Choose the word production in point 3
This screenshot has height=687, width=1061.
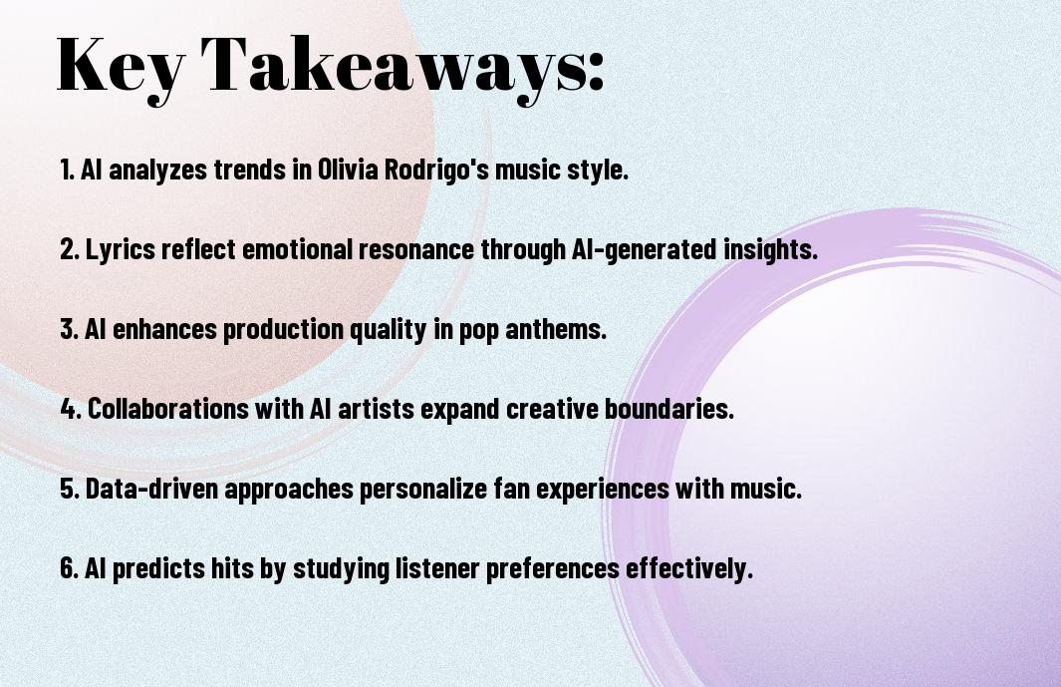[283, 330]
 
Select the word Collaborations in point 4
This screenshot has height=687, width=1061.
[168, 409]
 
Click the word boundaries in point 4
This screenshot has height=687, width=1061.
[668, 409]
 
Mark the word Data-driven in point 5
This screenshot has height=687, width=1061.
[151, 489]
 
